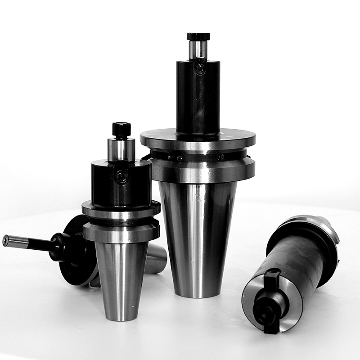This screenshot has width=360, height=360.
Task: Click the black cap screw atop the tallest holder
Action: coord(198,36)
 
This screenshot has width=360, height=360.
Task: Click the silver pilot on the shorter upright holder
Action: coord(121,149)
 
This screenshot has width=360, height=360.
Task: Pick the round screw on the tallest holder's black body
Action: coord(200,69)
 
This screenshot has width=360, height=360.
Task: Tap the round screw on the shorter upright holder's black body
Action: coord(121,177)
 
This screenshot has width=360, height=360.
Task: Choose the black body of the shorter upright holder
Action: coord(121,184)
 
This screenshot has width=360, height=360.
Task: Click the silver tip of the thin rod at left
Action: coord(6,240)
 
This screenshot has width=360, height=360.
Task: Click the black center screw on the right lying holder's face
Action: coord(265,310)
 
